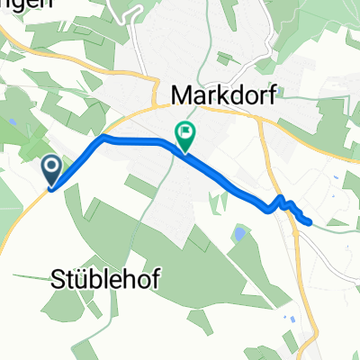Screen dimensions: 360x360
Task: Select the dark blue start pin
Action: coord(50,168)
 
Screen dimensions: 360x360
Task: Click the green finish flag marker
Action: coord(185,136)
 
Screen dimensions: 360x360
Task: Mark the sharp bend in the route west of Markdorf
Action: coord(104,138)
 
